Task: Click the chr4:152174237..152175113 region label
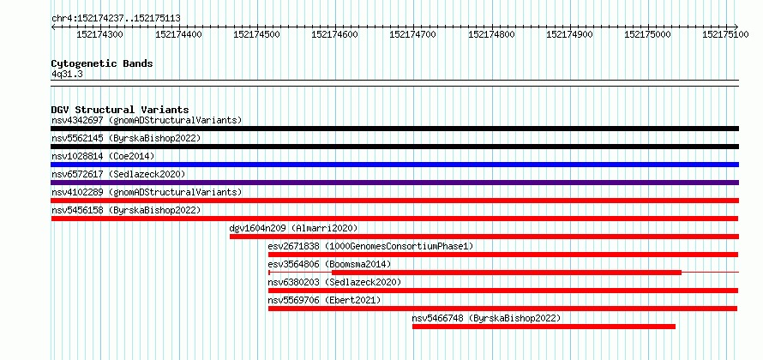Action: pos(116,19)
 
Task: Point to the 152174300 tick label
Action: pos(99,34)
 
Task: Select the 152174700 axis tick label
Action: pos(412,34)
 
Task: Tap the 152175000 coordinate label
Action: pos(647,34)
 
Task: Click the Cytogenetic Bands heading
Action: pos(102,63)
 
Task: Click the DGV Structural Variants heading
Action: pos(120,110)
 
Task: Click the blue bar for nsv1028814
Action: pos(395,165)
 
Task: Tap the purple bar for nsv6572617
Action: pos(395,183)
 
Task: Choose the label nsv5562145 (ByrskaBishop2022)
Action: pos(126,138)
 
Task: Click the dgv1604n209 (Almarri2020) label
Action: pos(293,228)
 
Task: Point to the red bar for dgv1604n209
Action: pos(484,237)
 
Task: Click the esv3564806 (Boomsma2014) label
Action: pos(329,264)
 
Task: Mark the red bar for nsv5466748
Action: pos(544,327)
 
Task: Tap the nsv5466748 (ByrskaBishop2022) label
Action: pos(487,318)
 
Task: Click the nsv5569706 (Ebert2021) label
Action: pos(325,300)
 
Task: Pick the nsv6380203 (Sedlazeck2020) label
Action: pos(335,282)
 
